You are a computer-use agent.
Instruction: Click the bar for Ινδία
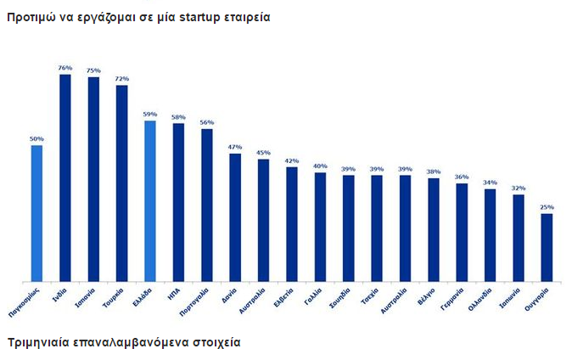[x=64, y=178]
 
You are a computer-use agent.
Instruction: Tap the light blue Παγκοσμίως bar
[x=36, y=213]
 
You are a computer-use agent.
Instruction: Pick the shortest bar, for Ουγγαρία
[x=547, y=247]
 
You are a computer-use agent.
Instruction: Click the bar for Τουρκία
[x=121, y=183]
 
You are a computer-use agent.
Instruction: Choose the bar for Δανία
[x=235, y=217]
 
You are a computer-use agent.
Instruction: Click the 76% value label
[x=65, y=68]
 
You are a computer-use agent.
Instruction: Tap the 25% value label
[x=547, y=207]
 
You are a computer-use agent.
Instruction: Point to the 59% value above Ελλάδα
[x=150, y=115]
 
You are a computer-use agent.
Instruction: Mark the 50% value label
[x=36, y=138]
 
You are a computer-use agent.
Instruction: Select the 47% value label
[x=235, y=147]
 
